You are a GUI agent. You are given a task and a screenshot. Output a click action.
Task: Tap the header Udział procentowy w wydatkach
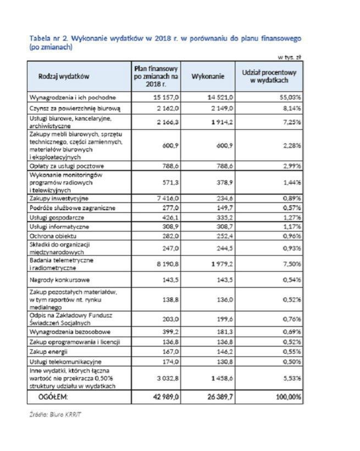coord(269,76)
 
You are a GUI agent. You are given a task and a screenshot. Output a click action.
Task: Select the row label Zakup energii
coord(52,351)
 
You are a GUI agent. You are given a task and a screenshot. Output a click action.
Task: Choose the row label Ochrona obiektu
coord(53,235)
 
